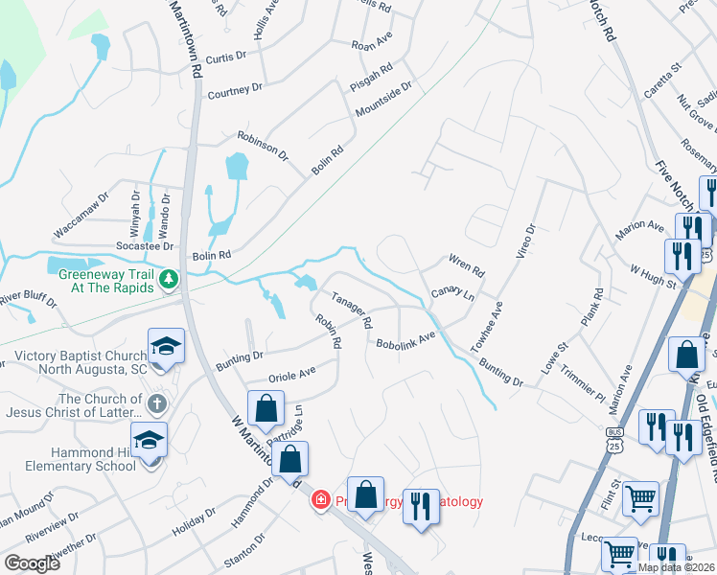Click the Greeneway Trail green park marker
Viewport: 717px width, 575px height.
[x=170, y=279]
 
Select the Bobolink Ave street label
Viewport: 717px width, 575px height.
[x=405, y=341]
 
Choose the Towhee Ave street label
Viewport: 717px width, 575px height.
[x=487, y=326]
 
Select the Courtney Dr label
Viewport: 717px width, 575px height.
[x=236, y=89]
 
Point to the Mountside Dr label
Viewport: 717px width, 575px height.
[x=383, y=100]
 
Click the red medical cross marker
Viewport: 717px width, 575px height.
[x=320, y=499]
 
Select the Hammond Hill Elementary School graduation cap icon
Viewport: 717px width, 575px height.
[x=150, y=440]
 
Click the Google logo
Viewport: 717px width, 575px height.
[x=32, y=563]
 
